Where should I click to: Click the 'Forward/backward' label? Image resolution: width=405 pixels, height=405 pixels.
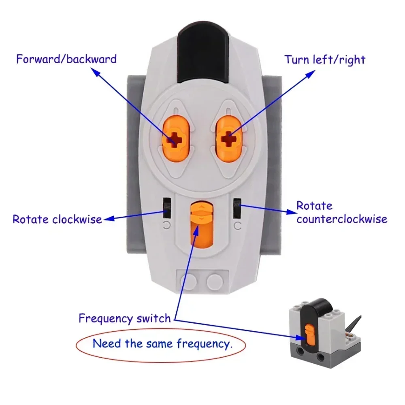click(x=66, y=59)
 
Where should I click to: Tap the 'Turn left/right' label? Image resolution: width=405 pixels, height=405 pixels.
click(x=325, y=60)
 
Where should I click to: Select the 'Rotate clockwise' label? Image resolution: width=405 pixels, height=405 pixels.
click(x=57, y=220)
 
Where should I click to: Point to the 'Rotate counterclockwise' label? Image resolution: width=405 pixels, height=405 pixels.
click(x=341, y=213)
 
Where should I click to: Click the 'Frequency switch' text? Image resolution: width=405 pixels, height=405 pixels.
click(x=125, y=318)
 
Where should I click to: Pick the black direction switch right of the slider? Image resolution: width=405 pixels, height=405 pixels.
click(x=237, y=207)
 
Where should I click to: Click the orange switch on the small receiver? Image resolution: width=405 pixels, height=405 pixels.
click(x=309, y=335)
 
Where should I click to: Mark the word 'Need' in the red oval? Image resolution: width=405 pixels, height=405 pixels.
click(x=107, y=344)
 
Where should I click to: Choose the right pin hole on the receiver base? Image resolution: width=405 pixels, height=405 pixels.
click(x=321, y=357)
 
